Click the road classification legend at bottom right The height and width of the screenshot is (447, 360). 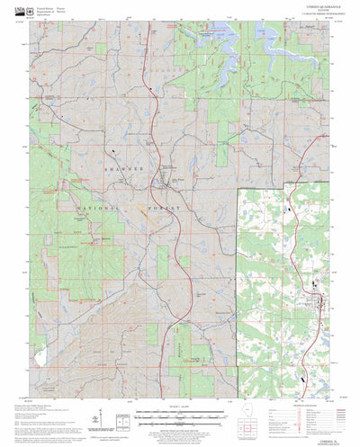tap(318, 417)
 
